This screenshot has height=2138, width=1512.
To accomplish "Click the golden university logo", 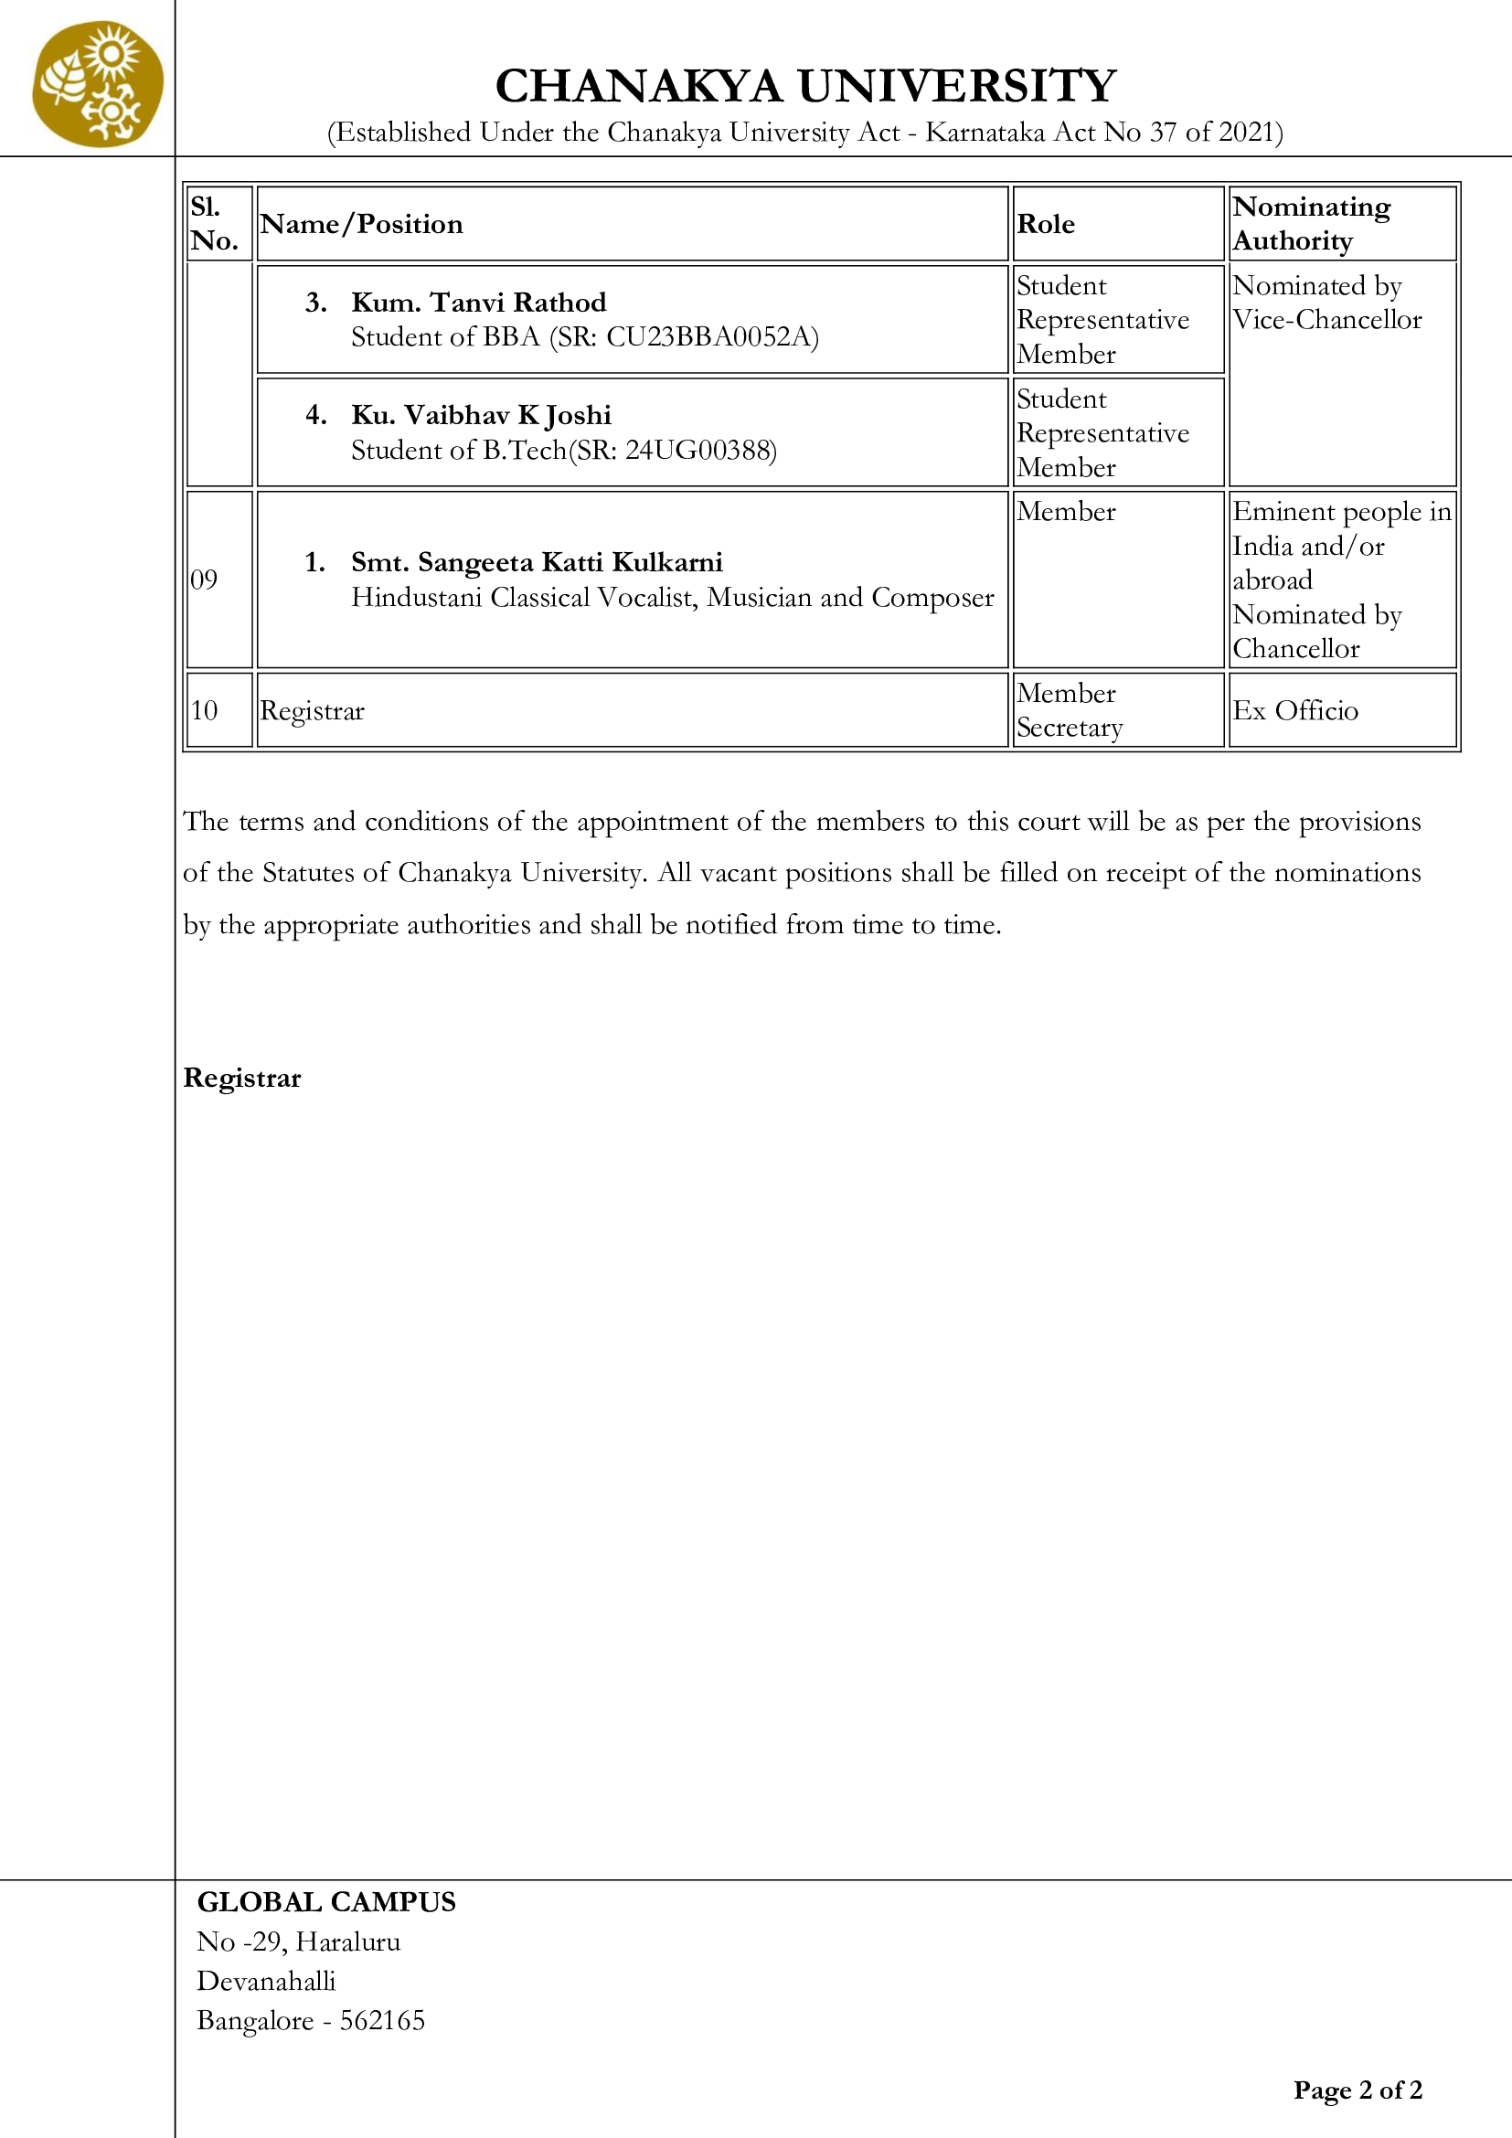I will (x=98, y=85).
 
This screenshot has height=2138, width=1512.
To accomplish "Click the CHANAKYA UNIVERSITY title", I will (x=805, y=87).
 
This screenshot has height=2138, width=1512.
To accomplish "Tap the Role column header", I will (x=1046, y=225).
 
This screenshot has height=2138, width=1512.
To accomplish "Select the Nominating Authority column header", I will (x=1311, y=223).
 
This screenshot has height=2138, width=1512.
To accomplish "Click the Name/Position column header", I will (x=361, y=225).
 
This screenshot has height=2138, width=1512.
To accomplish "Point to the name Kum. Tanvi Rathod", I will (x=478, y=303).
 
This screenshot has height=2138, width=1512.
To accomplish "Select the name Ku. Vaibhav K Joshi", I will (x=482, y=415).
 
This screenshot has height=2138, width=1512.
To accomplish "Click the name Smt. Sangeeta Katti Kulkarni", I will (x=537, y=562).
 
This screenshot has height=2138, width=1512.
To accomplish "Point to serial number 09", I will (x=204, y=580).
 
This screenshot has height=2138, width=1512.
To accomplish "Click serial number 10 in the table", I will (x=204, y=711).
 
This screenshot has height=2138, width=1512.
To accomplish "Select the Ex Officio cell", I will (x=1295, y=711).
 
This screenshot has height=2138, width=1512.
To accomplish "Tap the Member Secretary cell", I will (x=1070, y=710).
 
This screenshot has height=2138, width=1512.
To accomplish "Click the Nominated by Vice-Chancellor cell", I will (x=1326, y=303).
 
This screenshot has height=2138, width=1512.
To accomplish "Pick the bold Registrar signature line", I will (x=242, y=1079).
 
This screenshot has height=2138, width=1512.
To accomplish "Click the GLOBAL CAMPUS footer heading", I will (x=325, y=1901).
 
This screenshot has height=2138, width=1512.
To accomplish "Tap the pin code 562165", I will (x=382, y=2021).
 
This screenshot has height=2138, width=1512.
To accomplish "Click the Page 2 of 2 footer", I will (x=1358, y=2090).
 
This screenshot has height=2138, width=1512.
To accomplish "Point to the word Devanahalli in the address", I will (x=265, y=1981).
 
